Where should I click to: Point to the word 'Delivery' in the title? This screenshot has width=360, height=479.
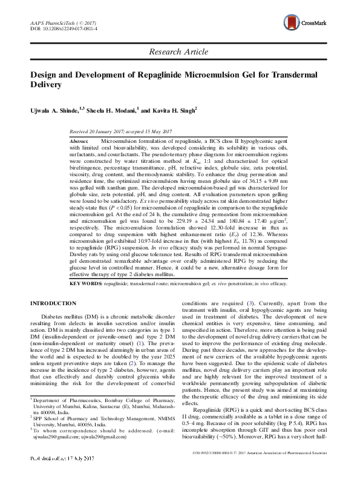[x=47, y=85]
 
